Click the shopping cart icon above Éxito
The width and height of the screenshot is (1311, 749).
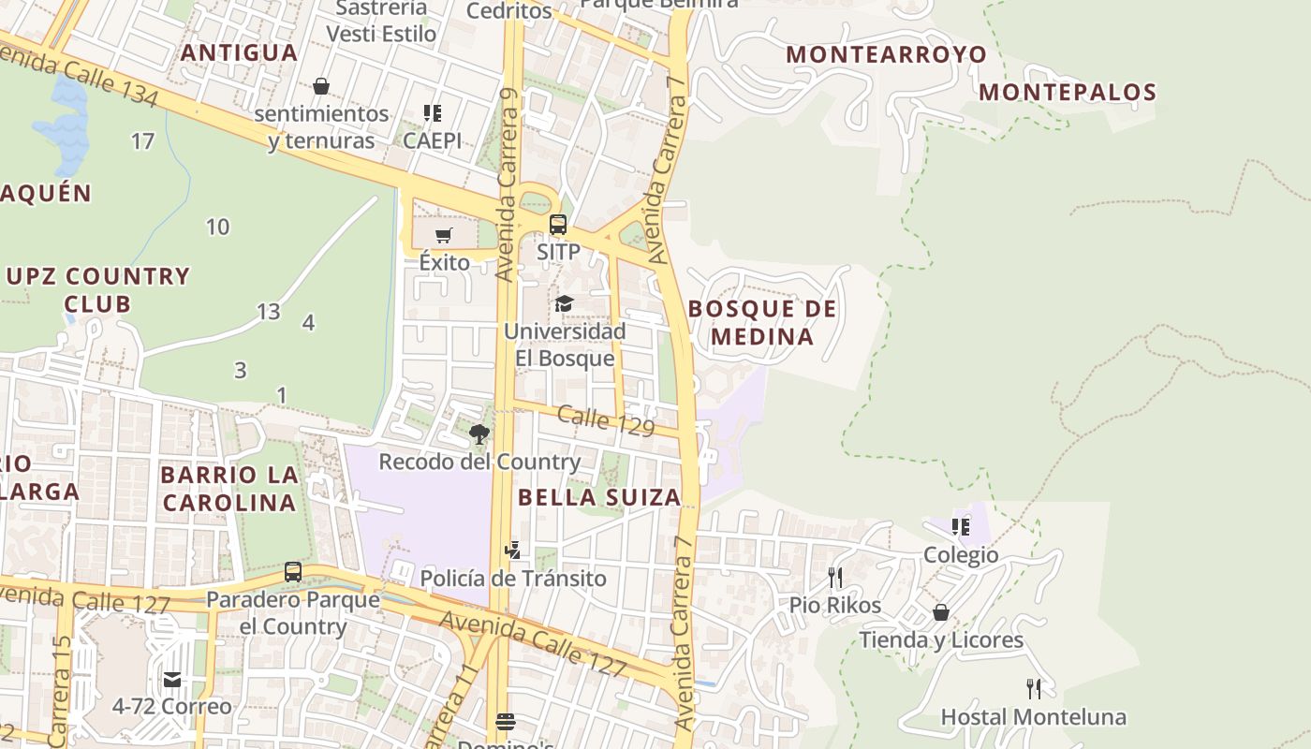click(x=444, y=234)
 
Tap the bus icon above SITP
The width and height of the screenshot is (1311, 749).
click(x=558, y=225)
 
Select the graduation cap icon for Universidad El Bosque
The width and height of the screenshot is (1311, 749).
click(x=564, y=303)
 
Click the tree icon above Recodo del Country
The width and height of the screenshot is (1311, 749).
click(x=479, y=433)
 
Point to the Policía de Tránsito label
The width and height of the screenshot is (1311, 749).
click(x=513, y=579)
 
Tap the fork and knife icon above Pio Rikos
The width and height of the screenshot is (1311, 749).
click(x=835, y=577)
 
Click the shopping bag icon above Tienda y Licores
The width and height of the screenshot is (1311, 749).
click(x=941, y=612)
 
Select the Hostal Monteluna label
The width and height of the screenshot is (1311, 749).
click(x=1033, y=717)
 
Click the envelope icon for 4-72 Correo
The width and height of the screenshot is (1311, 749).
click(x=172, y=679)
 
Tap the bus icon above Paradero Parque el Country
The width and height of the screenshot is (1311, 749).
click(x=293, y=571)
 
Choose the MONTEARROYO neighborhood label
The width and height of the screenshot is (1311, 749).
click(x=886, y=54)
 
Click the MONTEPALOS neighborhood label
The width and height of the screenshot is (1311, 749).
click(x=1068, y=92)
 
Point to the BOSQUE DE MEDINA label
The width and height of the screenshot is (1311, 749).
click(x=762, y=322)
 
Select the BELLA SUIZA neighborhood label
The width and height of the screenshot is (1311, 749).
click(x=599, y=497)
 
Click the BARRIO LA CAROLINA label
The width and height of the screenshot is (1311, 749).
click(x=229, y=488)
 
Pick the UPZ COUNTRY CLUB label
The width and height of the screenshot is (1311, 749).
click(x=98, y=289)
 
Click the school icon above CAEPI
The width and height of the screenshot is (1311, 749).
click(x=433, y=113)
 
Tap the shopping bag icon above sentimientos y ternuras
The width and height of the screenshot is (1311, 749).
click(x=321, y=86)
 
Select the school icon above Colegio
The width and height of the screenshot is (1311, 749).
click(x=961, y=527)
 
